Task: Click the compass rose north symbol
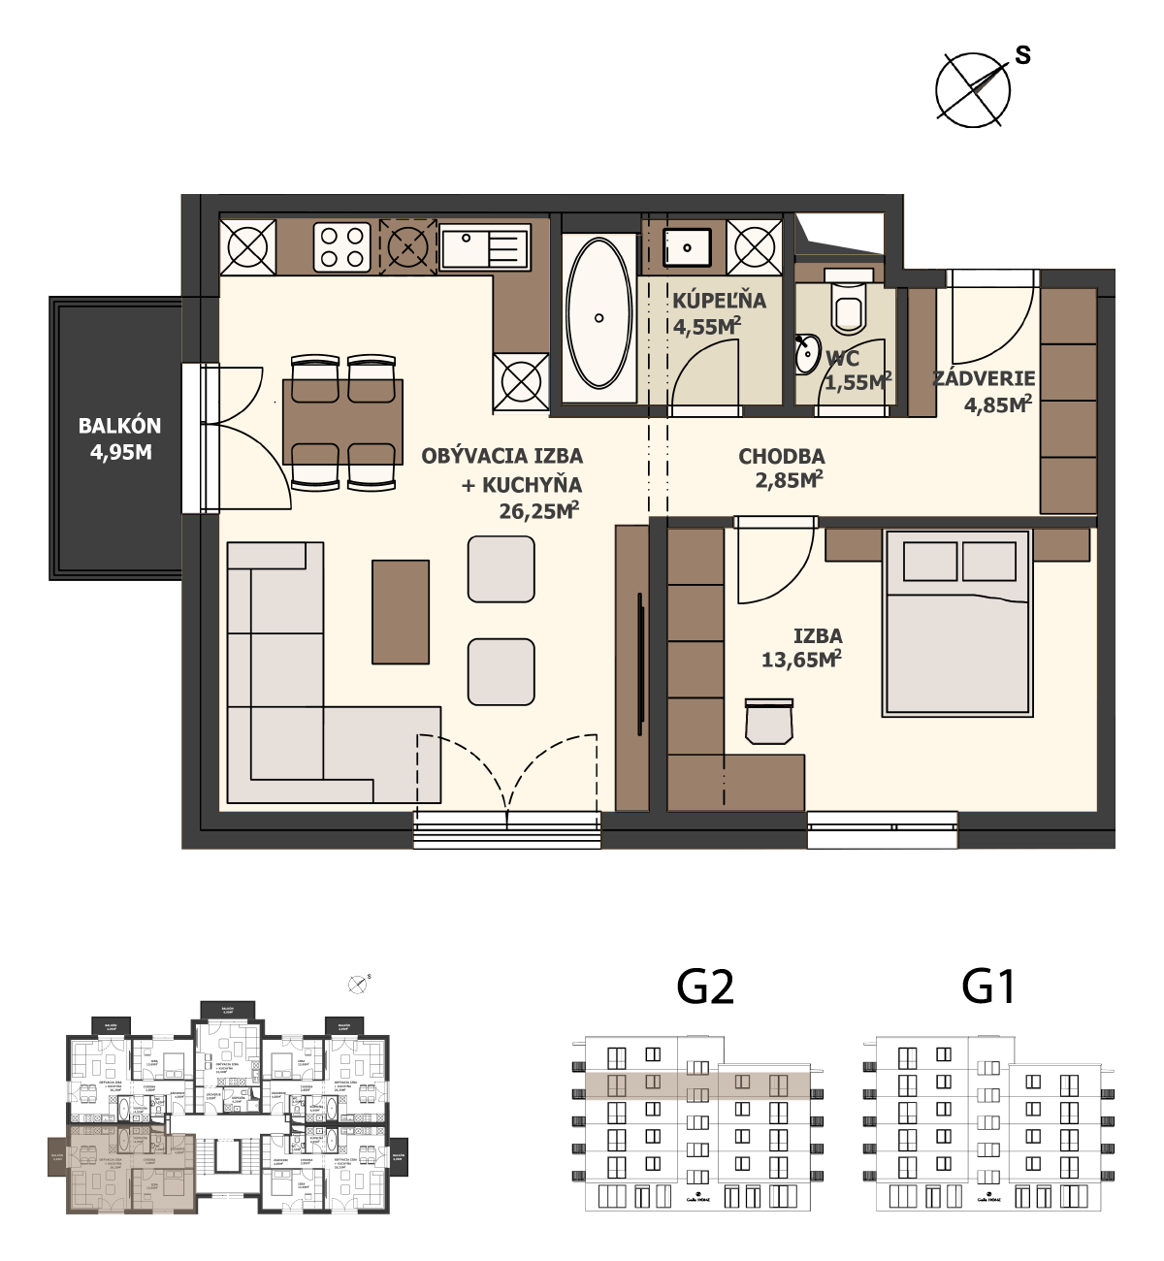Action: pos(973,89)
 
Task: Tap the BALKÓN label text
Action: pos(119,426)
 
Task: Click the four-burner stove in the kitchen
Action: pos(342,246)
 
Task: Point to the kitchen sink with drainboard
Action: pos(484,246)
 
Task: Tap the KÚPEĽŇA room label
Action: pos(719,301)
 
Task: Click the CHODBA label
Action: pos(781,456)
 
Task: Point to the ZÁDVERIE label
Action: pos(984,378)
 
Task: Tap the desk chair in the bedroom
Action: pos(769,722)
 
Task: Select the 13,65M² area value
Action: pos(800,660)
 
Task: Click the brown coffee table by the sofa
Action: pos(401,612)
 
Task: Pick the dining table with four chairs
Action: pos(342,422)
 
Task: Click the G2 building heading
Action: pos(705,987)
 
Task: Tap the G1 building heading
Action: pos(988,987)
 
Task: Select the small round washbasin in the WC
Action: pos(806,356)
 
